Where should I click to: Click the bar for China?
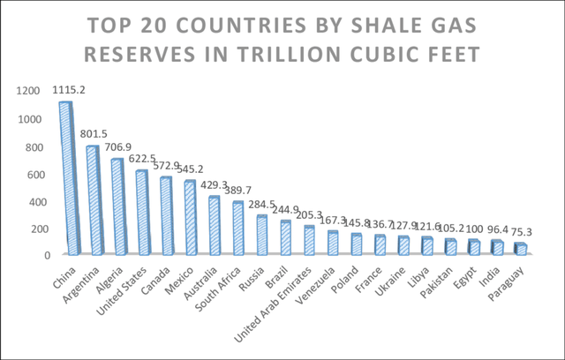(x=66, y=181)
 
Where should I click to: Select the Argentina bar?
(x=93, y=201)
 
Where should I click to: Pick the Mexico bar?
(x=191, y=219)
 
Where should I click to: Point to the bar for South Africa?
(x=237, y=229)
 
